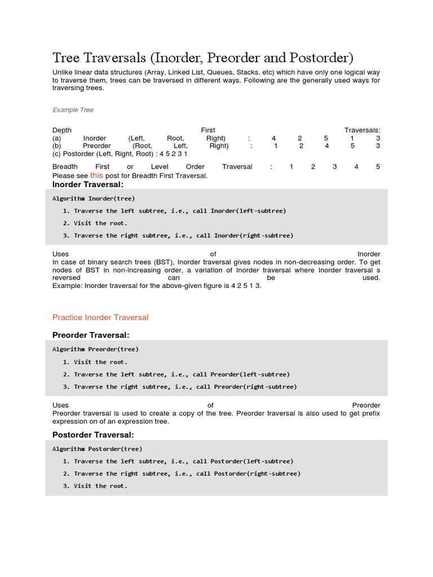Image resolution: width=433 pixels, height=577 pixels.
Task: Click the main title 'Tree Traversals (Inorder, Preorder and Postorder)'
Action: point(202,58)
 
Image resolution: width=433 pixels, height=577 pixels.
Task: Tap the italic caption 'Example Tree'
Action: point(73,110)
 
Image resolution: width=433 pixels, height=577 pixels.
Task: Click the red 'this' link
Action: point(96,175)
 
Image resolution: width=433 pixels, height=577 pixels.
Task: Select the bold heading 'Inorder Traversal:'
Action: point(87,184)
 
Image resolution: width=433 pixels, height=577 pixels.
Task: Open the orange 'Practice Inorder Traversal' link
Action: point(100,317)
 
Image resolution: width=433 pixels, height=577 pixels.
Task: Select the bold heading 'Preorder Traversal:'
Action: point(91,335)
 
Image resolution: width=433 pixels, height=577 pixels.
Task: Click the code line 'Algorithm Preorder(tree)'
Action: point(95,349)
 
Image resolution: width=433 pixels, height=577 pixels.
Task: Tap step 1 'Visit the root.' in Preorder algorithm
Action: point(100,362)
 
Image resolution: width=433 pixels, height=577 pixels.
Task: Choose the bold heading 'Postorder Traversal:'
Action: point(93,434)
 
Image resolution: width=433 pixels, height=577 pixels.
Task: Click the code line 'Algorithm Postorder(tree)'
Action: point(98,449)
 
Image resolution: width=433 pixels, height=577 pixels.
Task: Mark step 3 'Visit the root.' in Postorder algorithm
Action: point(100,486)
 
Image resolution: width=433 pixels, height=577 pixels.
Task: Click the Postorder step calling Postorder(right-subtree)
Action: point(187,473)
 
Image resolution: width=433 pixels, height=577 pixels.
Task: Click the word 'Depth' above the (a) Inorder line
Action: point(62,130)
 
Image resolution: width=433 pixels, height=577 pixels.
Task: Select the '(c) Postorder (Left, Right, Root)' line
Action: point(120,153)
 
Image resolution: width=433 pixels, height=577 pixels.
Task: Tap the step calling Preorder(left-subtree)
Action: point(181,374)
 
